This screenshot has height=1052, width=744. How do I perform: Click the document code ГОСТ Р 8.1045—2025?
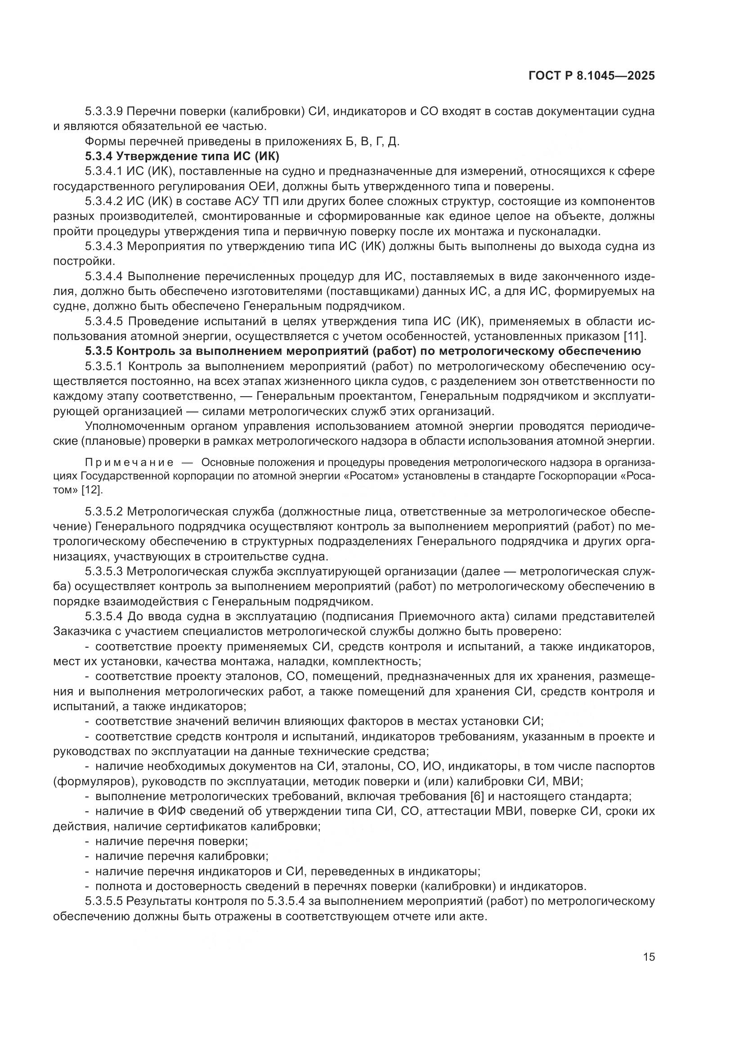coord(592,76)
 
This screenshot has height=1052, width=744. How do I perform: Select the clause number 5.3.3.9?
coord(104,112)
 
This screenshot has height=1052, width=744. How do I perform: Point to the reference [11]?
coord(635,336)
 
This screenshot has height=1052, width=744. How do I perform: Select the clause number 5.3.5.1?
coord(104,367)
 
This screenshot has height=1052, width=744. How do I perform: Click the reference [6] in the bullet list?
coord(477,797)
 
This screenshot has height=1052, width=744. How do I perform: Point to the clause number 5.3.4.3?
coord(104,246)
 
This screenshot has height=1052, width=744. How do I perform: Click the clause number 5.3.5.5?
coord(104,901)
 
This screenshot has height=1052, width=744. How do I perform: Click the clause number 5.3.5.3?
coord(104,571)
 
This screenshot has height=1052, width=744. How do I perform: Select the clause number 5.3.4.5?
coord(104,321)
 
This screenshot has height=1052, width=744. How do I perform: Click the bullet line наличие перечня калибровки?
coord(181,856)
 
